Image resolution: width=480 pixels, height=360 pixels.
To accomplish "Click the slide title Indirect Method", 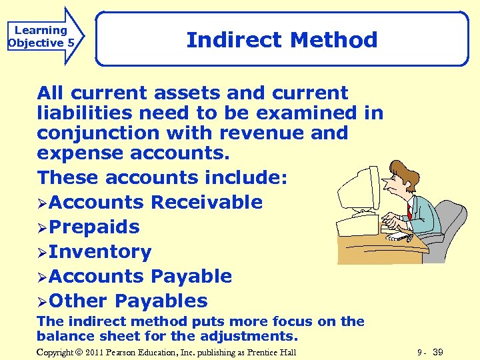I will point(282,40).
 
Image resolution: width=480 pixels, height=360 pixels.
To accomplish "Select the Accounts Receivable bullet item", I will point(155,202).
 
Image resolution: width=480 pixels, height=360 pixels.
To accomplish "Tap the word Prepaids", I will point(94,227).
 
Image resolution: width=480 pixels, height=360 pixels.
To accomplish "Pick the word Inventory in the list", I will point(100,251).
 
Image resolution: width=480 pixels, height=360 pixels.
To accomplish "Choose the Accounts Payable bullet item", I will point(140,276).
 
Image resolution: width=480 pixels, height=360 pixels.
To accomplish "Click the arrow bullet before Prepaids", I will point(42,227).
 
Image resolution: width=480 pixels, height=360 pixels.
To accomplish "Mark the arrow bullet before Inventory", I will point(42,252).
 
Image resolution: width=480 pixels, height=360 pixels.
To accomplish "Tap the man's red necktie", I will point(409,212).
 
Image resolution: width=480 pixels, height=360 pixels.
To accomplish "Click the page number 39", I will point(438,352).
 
